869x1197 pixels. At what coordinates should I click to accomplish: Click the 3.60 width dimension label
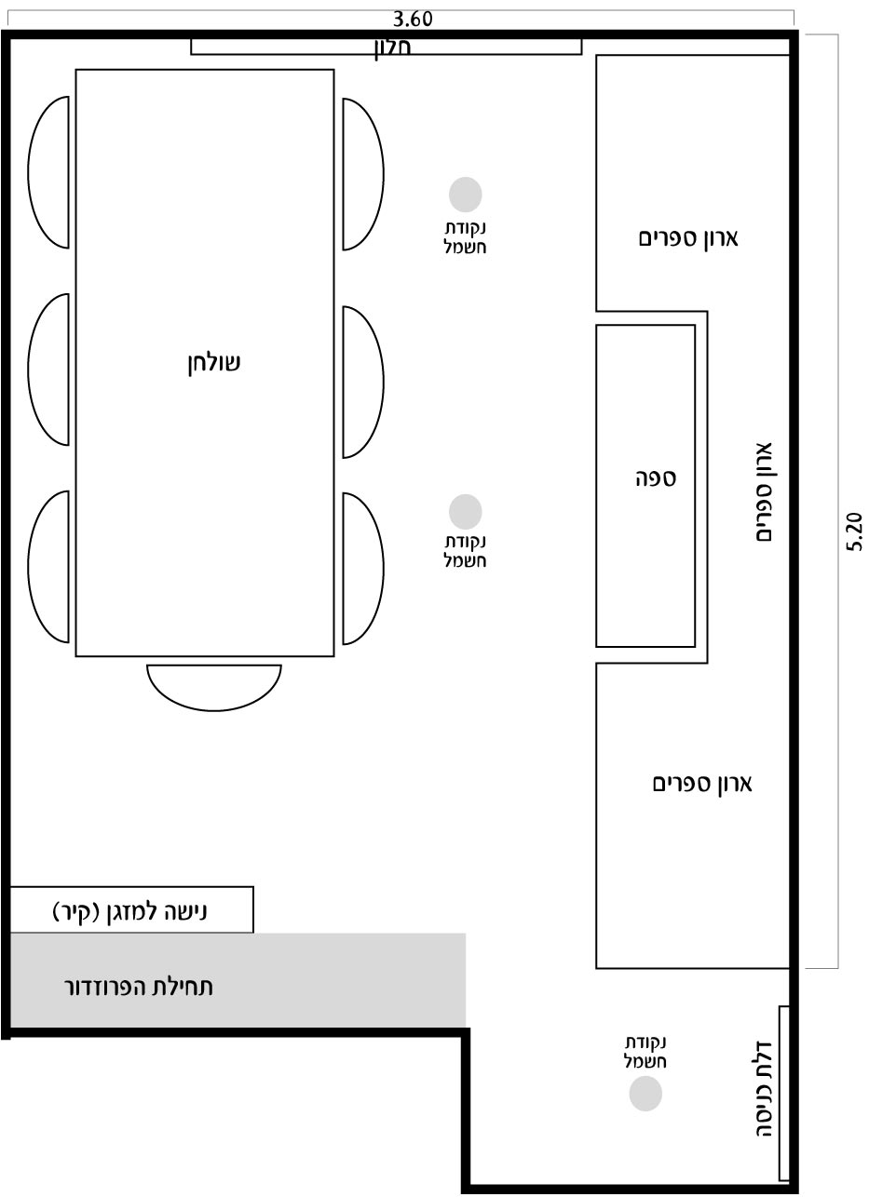(413, 20)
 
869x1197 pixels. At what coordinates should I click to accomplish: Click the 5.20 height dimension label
(854, 531)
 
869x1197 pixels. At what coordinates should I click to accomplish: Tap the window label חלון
(392, 48)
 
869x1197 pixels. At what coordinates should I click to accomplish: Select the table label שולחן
(214, 363)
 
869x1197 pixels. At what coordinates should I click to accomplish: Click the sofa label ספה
(656, 478)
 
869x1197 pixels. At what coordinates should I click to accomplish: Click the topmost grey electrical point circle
(466, 195)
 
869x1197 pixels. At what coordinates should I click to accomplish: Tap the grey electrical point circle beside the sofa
(466, 511)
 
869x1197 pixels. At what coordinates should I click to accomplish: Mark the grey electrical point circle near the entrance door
(645, 1094)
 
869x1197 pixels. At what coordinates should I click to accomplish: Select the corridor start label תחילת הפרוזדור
(139, 987)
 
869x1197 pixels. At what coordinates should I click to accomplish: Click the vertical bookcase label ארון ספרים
(764, 492)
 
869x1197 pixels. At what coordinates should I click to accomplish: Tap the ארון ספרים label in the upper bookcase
(688, 237)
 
